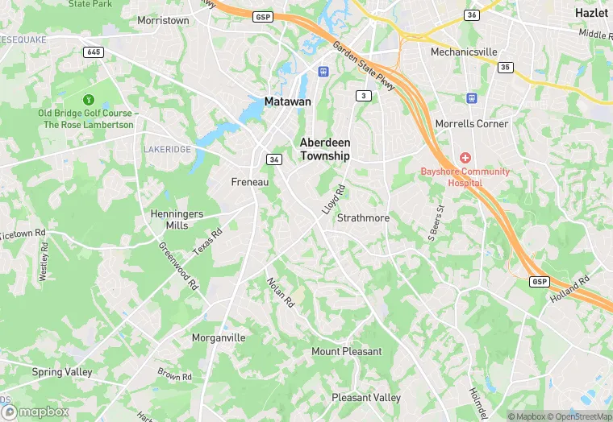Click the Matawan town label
tap(287, 102)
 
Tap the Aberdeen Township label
tap(325, 149)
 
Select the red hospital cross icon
tap(465, 158)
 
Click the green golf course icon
tap(88, 100)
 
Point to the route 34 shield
tap(275, 159)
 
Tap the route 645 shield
tap(93, 52)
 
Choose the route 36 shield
tap(472, 14)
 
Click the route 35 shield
tap(505, 68)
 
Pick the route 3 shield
tap(365, 96)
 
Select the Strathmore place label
tap(363, 218)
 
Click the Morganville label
tap(219, 337)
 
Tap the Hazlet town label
tap(591, 13)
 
